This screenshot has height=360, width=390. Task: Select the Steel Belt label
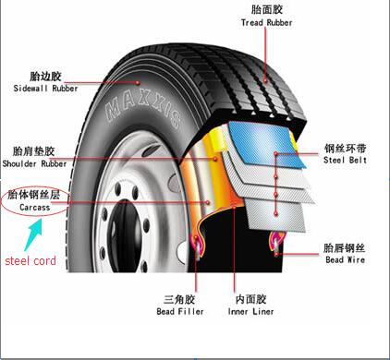(x=345, y=161)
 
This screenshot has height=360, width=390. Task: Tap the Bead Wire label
(x=345, y=261)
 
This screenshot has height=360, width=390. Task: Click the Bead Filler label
(x=179, y=312)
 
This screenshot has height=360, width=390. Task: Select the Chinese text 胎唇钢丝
(x=344, y=247)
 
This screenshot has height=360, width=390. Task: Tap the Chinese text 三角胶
(x=179, y=299)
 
